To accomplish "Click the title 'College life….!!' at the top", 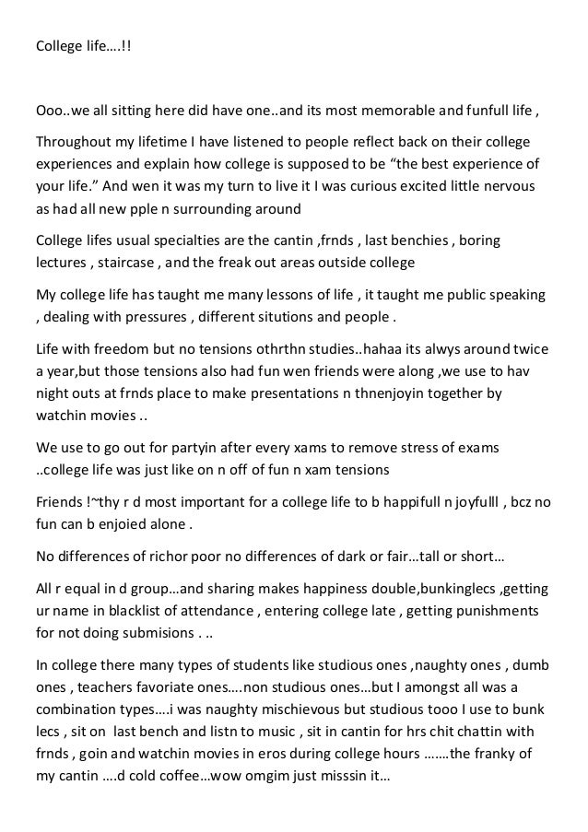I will point(84,44).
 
